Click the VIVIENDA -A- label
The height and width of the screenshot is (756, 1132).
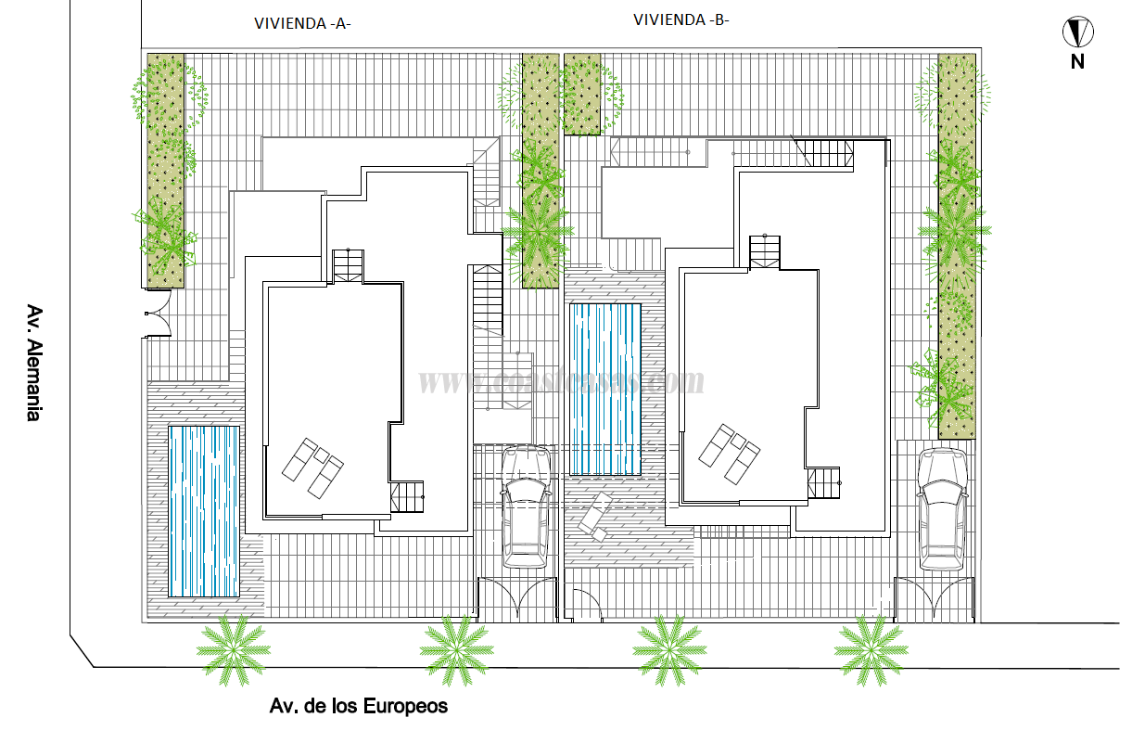click(302, 25)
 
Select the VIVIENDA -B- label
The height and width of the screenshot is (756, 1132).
click(681, 19)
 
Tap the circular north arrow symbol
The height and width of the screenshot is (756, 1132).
click(1077, 33)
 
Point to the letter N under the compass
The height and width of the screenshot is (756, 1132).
click(1077, 62)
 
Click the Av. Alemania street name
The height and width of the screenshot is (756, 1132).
click(33, 363)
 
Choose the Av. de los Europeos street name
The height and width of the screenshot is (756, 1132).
click(358, 707)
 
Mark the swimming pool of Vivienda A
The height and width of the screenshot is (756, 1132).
click(204, 510)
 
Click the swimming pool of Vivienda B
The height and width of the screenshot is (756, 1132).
click(605, 389)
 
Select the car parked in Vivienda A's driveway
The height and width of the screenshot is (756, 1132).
click(525, 506)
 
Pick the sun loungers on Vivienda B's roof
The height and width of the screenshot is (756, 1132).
click(729, 453)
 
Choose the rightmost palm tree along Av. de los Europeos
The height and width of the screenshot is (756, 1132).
click(869, 650)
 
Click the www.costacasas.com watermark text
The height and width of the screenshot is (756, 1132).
click(561, 380)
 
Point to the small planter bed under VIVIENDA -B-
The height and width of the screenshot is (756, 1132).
click(582, 94)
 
